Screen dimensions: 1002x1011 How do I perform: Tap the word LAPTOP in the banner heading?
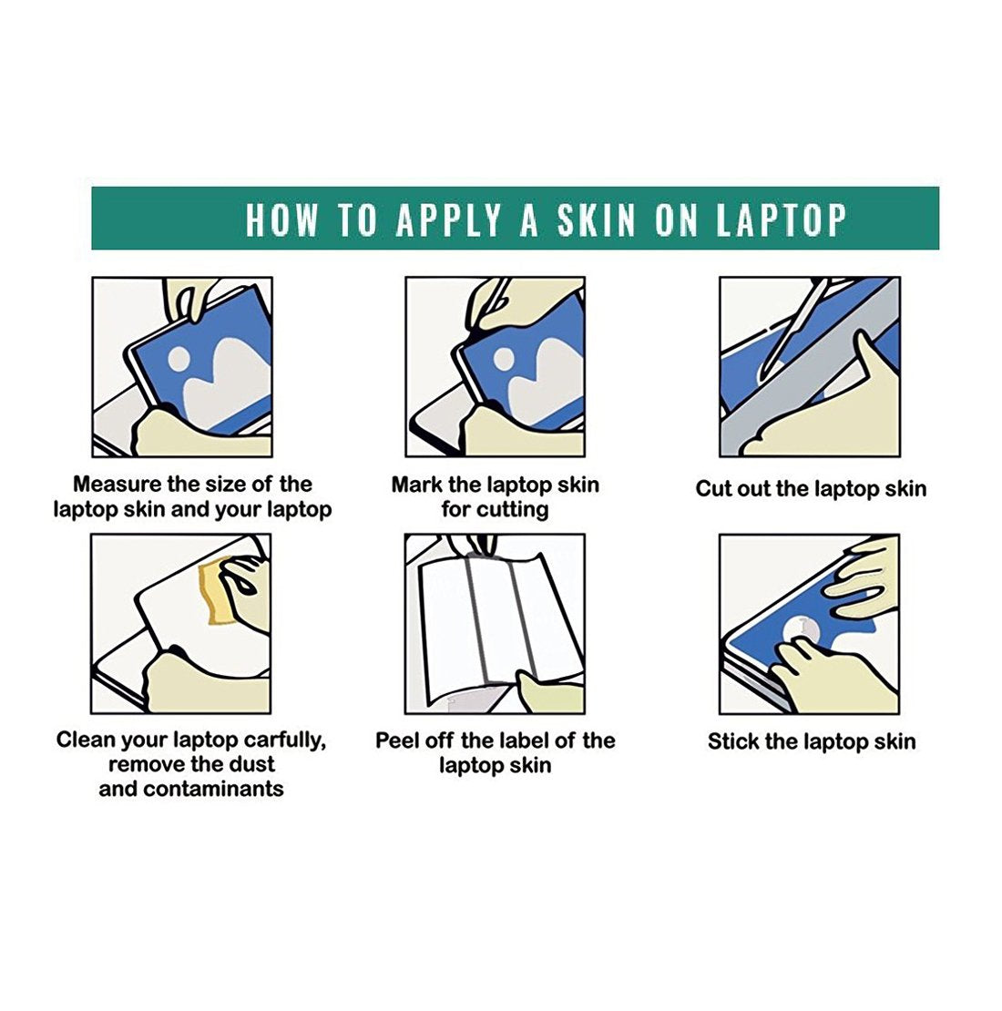(x=782, y=220)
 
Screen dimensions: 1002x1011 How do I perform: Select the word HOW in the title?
(x=281, y=220)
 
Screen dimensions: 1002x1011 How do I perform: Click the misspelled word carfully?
(x=285, y=740)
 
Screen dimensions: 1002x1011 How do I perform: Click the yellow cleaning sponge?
(x=220, y=593)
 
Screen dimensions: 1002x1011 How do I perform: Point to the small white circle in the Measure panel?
(x=179, y=359)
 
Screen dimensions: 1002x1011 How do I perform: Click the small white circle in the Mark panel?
(x=504, y=359)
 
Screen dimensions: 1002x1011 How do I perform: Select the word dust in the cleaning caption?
(x=252, y=764)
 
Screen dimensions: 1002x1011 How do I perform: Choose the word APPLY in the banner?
(x=449, y=220)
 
